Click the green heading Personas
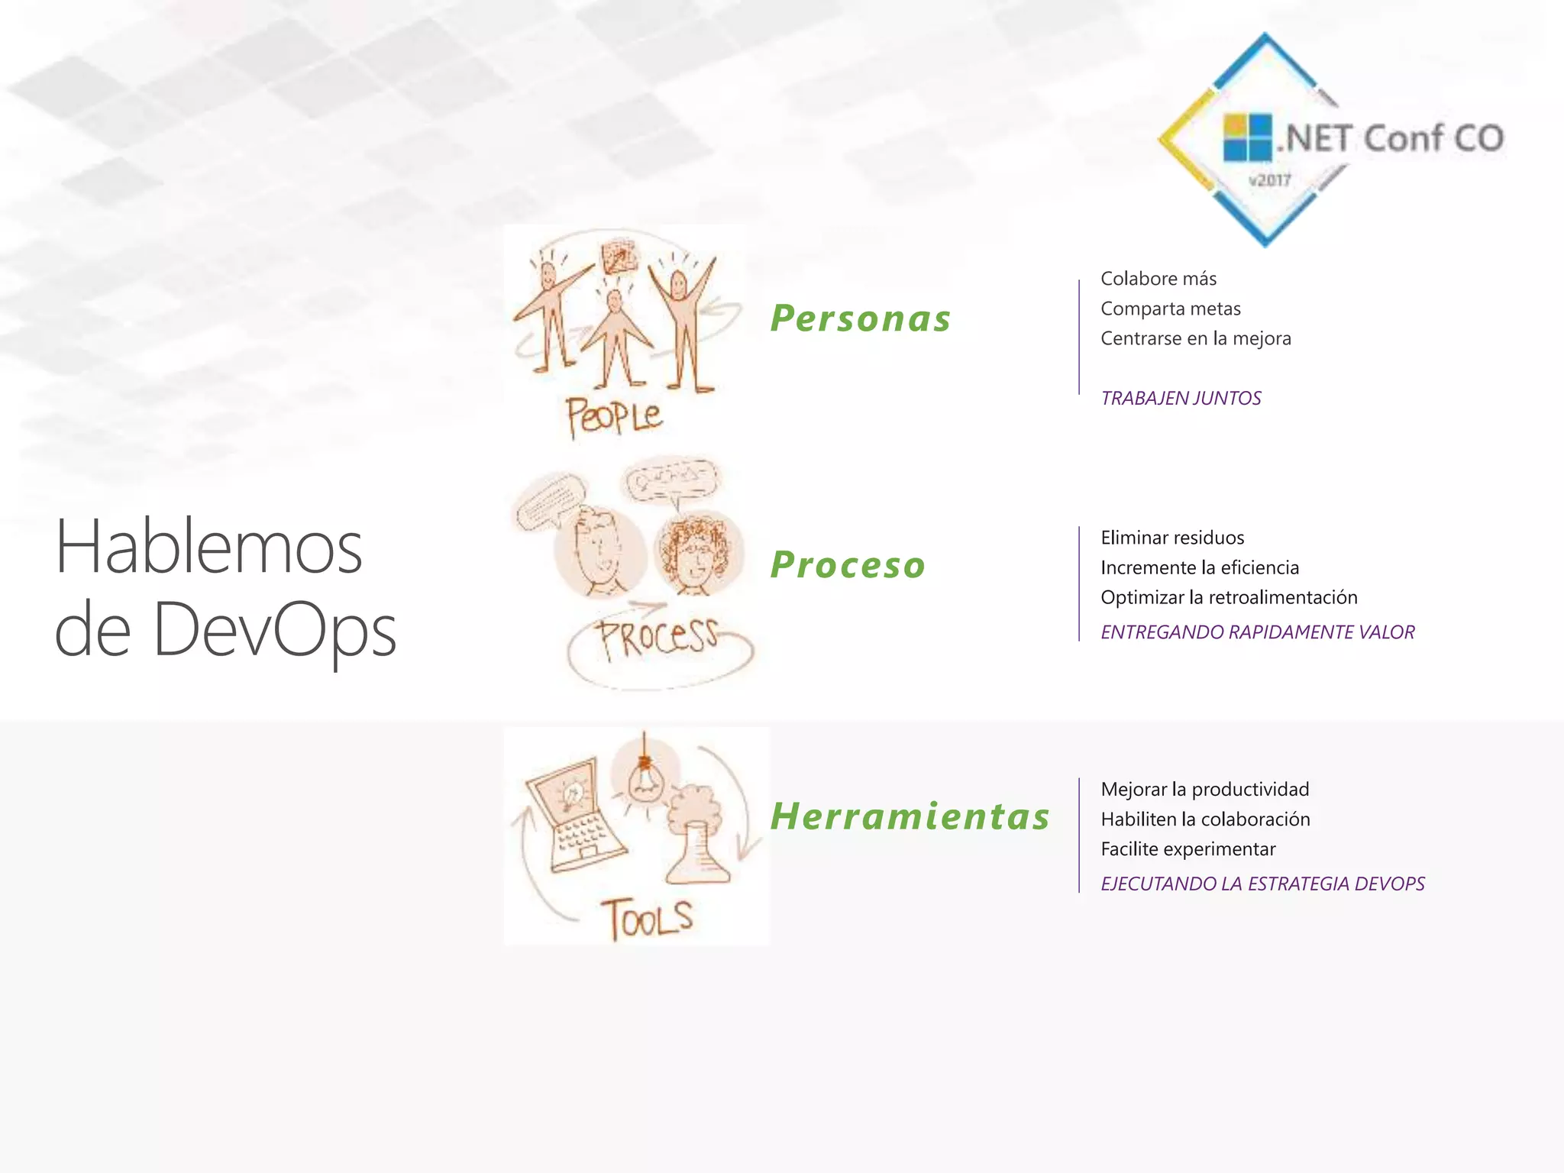pos(861,318)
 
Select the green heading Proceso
pos(848,565)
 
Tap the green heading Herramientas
pos(910,816)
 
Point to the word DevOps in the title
pos(275,629)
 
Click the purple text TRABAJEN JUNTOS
pos(1181,398)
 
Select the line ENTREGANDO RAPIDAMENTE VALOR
pos(1257,632)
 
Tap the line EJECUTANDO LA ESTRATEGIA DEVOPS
pos(1262,884)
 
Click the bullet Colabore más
pos(1158,279)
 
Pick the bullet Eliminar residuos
pos(1172,538)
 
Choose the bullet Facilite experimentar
pos(1188,849)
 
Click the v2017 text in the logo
pos(1269,181)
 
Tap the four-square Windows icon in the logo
pos(1247,137)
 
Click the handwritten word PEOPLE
pos(613,416)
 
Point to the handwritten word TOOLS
pos(648,919)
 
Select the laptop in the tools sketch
pos(575,816)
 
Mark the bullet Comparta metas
pos(1170,309)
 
